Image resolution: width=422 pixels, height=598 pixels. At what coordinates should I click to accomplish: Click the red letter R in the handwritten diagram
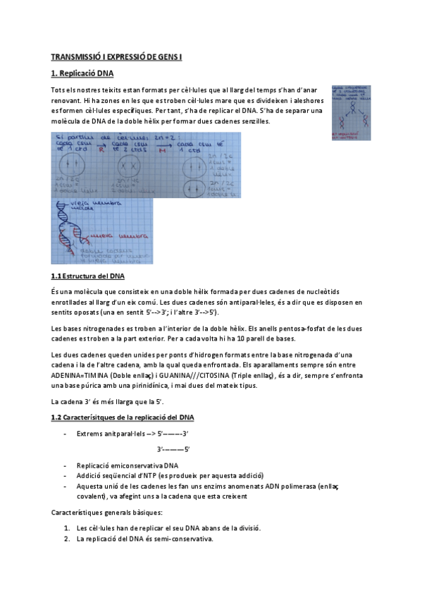click(x=101, y=150)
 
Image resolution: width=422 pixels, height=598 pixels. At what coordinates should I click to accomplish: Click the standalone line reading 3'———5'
click(x=173, y=449)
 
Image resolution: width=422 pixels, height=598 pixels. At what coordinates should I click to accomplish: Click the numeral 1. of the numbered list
click(x=66, y=528)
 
